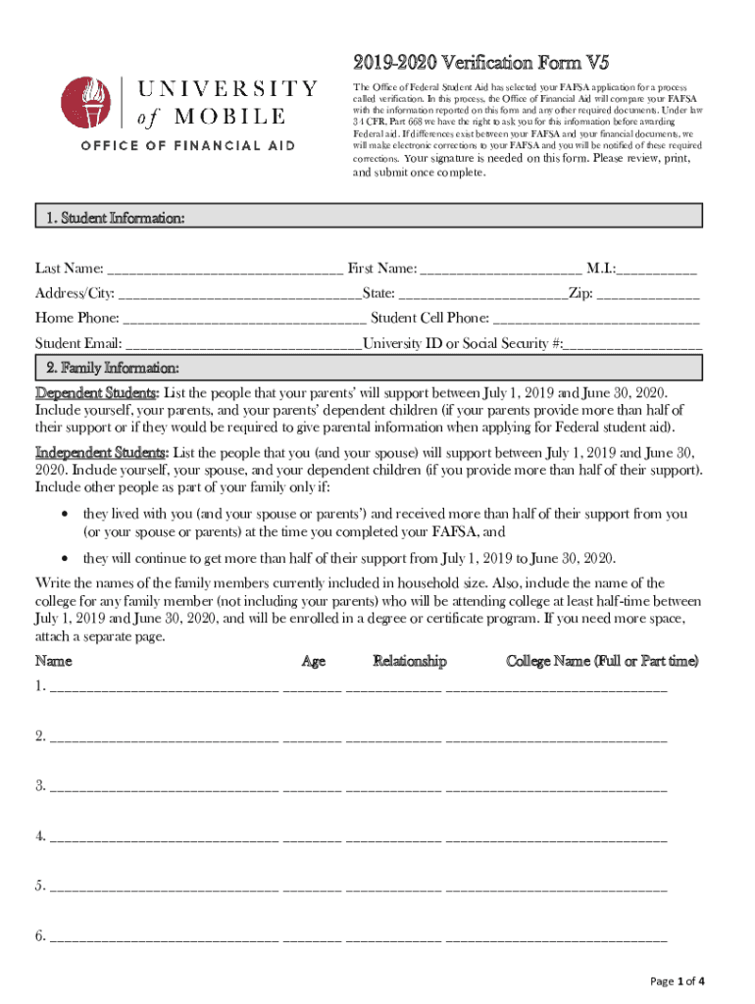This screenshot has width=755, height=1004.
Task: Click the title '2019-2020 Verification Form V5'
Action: click(x=481, y=64)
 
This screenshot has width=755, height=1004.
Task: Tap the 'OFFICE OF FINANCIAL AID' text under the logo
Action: click(x=187, y=146)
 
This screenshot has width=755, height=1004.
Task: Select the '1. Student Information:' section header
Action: click(x=115, y=218)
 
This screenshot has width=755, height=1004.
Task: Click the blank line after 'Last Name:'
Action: click(x=225, y=270)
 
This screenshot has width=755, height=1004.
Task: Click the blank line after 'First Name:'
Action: click(x=501, y=270)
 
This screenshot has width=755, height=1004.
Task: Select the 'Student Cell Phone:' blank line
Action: click(x=596, y=319)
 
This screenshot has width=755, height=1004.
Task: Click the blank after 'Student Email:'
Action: click(x=244, y=344)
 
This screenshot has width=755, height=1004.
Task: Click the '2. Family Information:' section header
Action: click(x=112, y=368)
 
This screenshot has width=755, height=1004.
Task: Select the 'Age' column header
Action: click(x=314, y=661)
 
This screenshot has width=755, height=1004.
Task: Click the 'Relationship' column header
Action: click(x=410, y=661)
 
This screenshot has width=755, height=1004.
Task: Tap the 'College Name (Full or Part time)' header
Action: click(x=602, y=661)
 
